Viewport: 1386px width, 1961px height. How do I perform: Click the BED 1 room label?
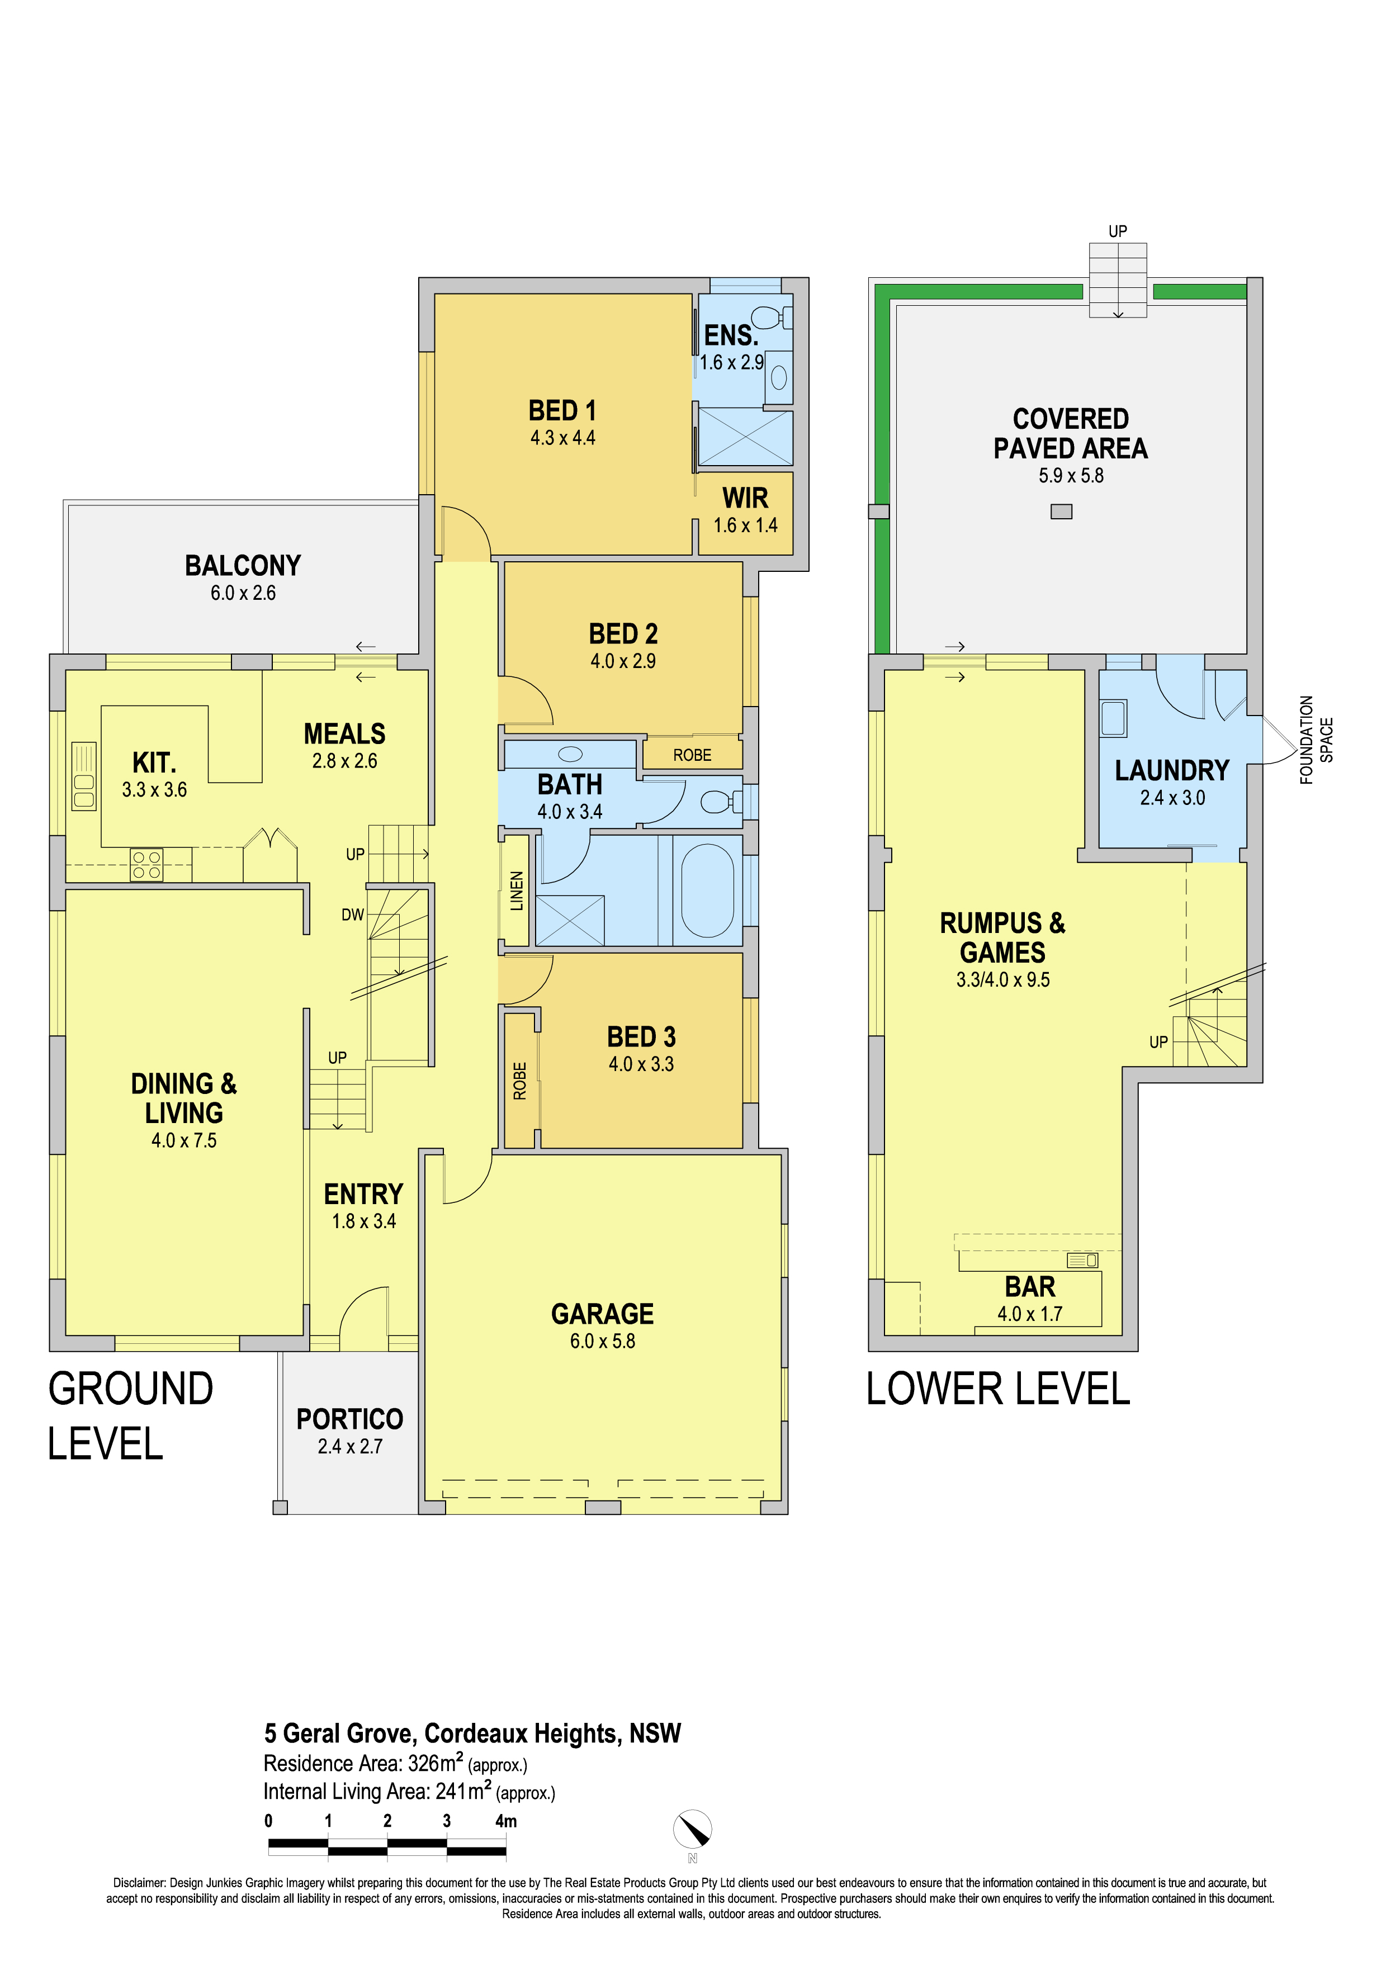pos(562,411)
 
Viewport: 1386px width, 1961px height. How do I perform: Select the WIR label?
pos(745,498)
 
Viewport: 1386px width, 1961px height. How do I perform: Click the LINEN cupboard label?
pos(517,891)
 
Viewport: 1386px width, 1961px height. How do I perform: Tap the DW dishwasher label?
pos(353,915)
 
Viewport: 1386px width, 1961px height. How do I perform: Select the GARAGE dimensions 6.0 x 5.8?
pos(602,1341)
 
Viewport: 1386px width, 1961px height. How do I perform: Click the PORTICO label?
pos(349,1419)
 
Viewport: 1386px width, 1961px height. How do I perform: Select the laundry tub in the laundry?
pos(1113,718)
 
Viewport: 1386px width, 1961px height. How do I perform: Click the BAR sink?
pos(1082,1261)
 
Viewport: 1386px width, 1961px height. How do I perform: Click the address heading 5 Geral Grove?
pos(472,1733)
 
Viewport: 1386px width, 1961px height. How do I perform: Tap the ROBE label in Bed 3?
pos(519,1081)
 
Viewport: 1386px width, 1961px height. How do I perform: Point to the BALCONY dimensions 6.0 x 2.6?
pos(243,593)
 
